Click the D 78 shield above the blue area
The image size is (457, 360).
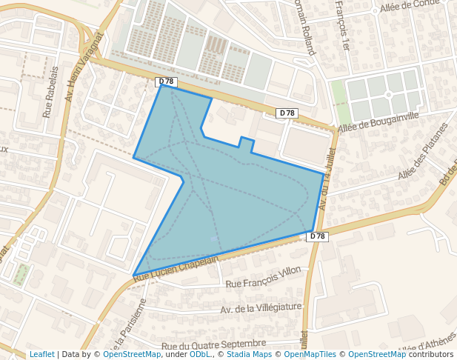tap(166, 81)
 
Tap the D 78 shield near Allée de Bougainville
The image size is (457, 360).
tap(287, 113)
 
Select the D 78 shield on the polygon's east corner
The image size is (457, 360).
tap(317, 236)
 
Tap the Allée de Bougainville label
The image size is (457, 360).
tap(378, 123)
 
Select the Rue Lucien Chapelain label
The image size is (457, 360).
tap(177, 268)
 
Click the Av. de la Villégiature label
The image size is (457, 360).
tap(261, 307)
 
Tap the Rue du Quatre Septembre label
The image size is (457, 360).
tap(213, 344)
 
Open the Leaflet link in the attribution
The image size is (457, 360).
tap(41, 354)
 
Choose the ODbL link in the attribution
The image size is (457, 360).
tap(199, 354)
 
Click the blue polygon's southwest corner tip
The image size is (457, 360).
tap(135, 276)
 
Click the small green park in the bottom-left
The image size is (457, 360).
tap(21, 275)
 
